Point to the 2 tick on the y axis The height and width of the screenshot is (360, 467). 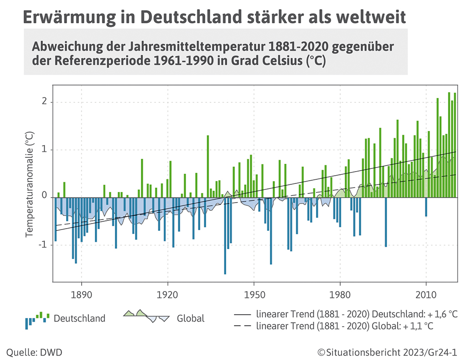click(x=44, y=102)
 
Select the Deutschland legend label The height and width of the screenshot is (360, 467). click(x=79, y=318)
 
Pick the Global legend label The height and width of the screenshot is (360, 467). click(x=191, y=318)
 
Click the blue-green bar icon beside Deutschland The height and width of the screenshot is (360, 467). click(x=36, y=319)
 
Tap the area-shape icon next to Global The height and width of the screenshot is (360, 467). click(x=146, y=316)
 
